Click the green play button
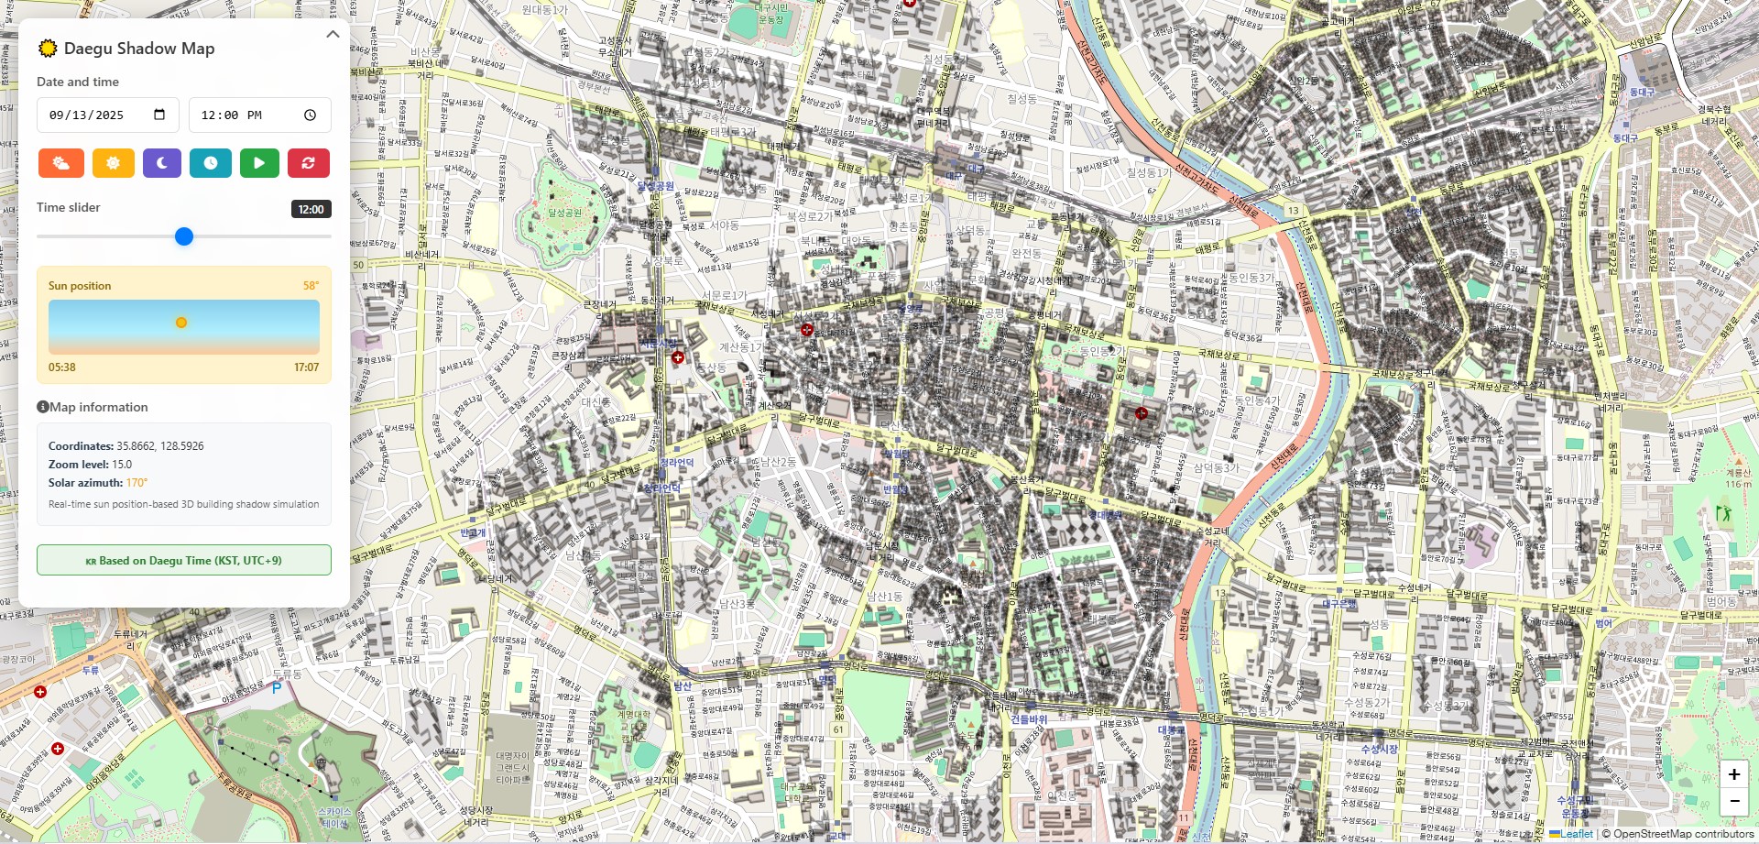click(259, 163)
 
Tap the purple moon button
click(162, 163)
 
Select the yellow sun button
click(113, 163)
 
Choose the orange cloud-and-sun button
click(61, 163)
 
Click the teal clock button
click(211, 163)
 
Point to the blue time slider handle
click(184, 236)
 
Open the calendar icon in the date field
click(159, 115)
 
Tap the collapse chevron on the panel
click(333, 34)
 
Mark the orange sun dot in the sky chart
click(181, 323)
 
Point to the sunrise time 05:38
click(62, 367)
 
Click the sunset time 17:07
click(306, 367)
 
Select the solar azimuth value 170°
click(137, 483)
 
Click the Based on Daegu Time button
click(184, 560)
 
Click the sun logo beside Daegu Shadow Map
click(48, 49)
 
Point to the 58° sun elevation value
click(311, 286)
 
